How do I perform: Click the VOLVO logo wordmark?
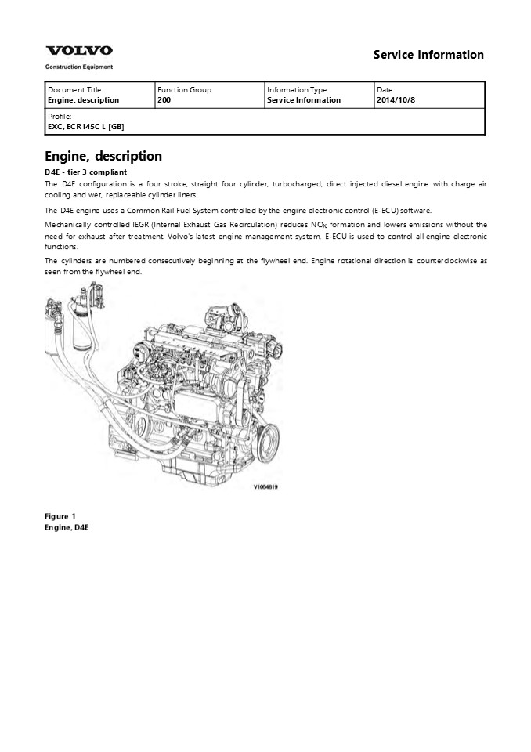(78, 51)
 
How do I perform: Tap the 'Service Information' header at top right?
(428, 55)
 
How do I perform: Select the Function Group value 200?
(164, 100)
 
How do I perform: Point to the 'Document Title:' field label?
(75, 90)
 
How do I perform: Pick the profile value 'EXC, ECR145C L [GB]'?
(85, 126)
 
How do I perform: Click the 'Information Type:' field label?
(298, 90)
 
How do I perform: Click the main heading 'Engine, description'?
(103, 157)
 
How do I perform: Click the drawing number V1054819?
(266, 486)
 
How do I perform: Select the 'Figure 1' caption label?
(60, 516)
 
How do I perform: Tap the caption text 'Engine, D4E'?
(67, 528)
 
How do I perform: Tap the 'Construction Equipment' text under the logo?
(78, 67)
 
